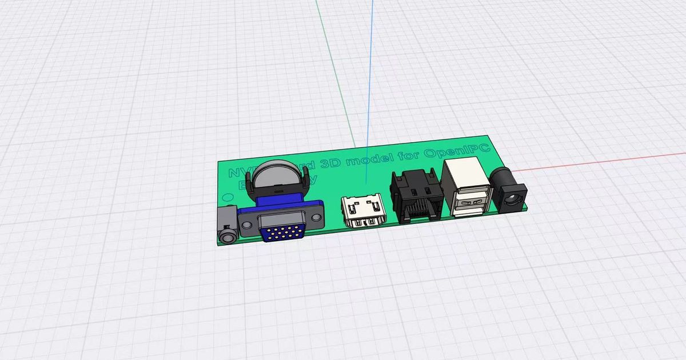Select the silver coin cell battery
tap(278, 174)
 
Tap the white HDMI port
tap(362, 213)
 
